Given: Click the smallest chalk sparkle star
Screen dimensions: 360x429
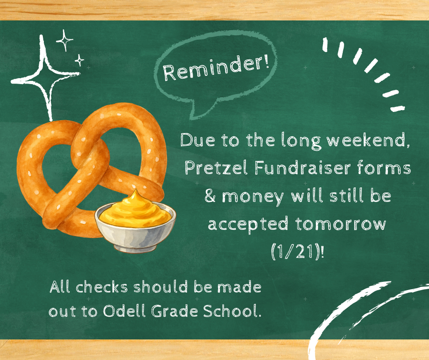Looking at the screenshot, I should [x=79, y=60].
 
